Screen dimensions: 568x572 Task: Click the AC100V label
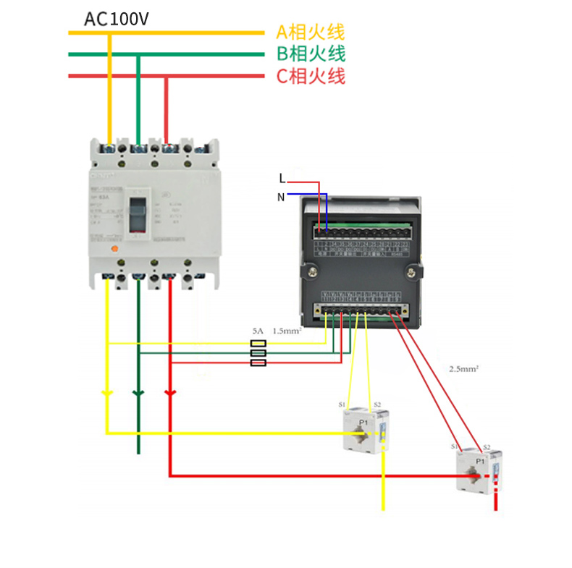pyautogui.click(x=117, y=18)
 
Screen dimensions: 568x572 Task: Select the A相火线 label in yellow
pyautogui.click(x=311, y=32)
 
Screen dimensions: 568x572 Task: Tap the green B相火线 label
pyautogui.click(x=311, y=54)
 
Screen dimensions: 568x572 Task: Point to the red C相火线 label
pyautogui.click(x=311, y=75)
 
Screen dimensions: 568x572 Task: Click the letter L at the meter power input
pyautogui.click(x=282, y=178)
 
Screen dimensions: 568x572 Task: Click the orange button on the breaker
pyautogui.click(x=113, y=248)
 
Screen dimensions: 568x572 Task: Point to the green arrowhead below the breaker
pyautogui.click(x=138, y=394)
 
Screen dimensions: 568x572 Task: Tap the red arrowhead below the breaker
pyautogui.click(x=169, y=393)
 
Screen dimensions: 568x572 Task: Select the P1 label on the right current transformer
pyautogui.click(x=479, y=461)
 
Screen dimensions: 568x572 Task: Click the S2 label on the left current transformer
pyautogui.click(x=377, y=404)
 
